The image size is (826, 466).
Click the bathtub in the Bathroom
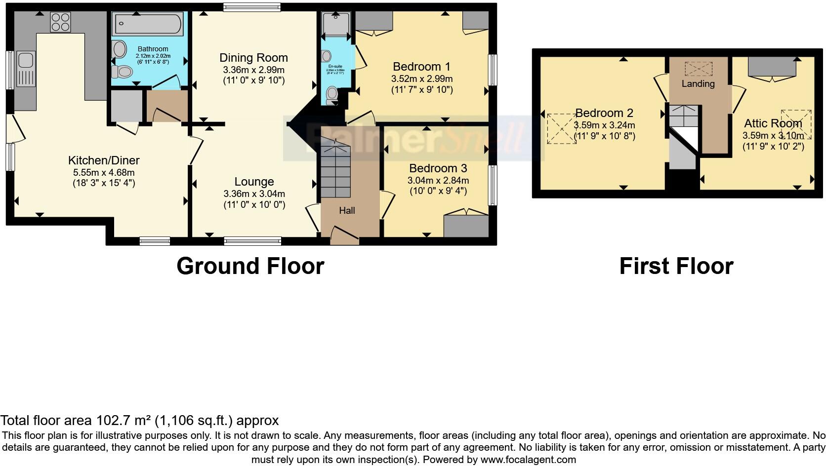(148, 23)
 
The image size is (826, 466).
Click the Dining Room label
(253, 58)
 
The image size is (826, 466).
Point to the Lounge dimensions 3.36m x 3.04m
(254, 194)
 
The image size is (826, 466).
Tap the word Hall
(347, 211)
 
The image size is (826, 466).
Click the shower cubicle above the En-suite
(335, 24)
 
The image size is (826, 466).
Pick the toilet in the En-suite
(332, 93)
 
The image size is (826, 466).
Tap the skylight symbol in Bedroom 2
(562, 129)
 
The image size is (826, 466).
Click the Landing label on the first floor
(698, 84)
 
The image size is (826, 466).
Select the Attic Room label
(773, 123)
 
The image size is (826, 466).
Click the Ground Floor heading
(250, 266)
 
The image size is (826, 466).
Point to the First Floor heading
(676, 266)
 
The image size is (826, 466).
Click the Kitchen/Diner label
(104, 160)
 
